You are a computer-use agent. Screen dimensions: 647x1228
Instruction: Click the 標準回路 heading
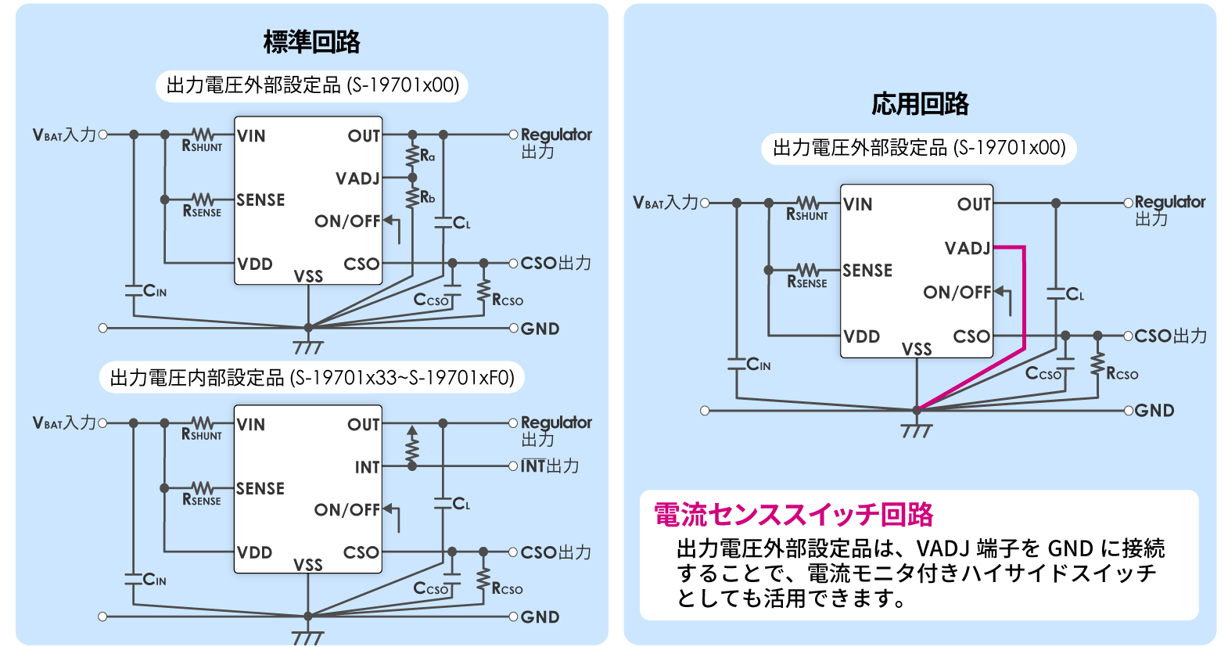(x=311, y=42)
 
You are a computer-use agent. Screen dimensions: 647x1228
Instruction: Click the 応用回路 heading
(x=920, y=104)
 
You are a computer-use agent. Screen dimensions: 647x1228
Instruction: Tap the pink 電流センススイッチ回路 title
(x=793, y=515)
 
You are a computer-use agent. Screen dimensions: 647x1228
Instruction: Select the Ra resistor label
(x=427, y=156)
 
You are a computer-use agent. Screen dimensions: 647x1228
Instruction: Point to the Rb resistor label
(x=427, y=197)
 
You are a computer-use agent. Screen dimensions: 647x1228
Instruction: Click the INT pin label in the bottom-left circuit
(x=367, y=468)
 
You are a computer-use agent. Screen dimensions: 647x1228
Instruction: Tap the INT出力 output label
(x=550, y=466)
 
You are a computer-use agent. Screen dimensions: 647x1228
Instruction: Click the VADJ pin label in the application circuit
(x=968, y=249)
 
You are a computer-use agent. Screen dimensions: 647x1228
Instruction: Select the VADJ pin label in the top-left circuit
(x=357, y=179)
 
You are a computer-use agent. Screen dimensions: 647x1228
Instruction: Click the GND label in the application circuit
(x=1154, y=411)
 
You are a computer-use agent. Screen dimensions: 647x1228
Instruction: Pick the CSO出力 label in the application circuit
(x=1170, y=336)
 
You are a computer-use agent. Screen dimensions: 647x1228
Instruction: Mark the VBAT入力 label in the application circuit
(x=665, y=203)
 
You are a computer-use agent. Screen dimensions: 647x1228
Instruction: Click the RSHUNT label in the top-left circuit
(x=202, y=146)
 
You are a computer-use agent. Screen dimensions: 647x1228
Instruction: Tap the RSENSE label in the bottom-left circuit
(x=202, y=500)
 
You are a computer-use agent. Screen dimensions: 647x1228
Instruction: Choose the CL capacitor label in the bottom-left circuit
(x=461, y=504)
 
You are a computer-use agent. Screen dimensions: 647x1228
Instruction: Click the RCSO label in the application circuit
(x=1122, y=374)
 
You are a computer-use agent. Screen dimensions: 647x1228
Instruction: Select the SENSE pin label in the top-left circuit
(x=260, y=200)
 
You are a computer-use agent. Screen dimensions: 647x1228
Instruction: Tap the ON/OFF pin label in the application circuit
(x=957, y=293)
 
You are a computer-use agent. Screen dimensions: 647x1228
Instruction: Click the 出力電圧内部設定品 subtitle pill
(x=312, y=379)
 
